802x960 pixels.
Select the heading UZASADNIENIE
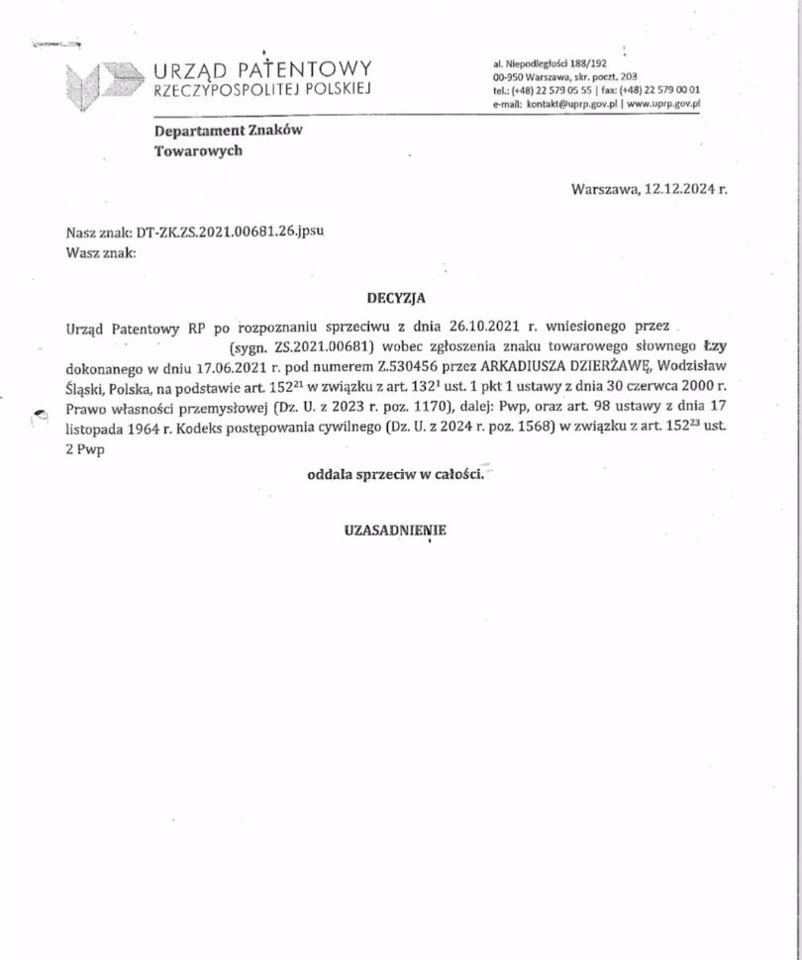pyautogui.click(x=394, y=529)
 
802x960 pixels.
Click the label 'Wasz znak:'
pyautogui.click(x=99, y=252)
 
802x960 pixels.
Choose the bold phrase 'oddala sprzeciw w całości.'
pyautogui.click(x=395, y=475)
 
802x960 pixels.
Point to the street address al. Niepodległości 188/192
pyautogui.click(x=549, y=61)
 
